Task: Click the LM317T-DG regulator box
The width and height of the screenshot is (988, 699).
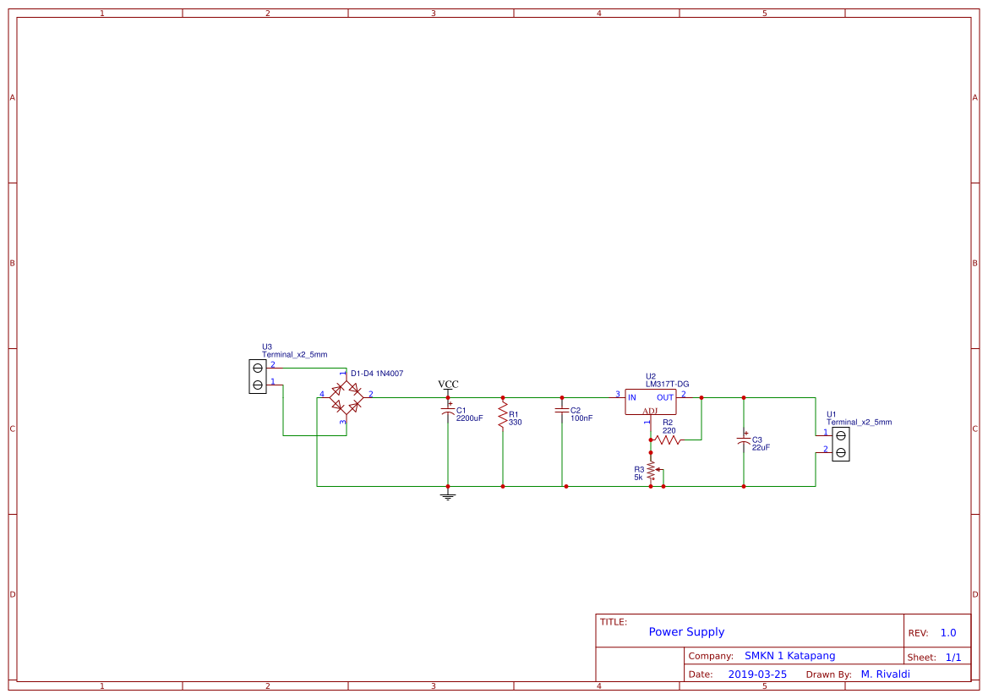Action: click(651, 401)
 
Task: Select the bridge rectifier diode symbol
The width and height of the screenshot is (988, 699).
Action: click(346, 396)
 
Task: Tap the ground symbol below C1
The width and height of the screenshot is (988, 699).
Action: click(448, 495)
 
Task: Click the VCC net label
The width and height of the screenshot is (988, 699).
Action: click(448, 385)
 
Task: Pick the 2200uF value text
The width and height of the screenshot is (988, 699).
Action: click(470, 418)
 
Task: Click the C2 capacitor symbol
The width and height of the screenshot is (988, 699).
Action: click(562, 411)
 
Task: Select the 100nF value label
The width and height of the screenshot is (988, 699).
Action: click(581, 418)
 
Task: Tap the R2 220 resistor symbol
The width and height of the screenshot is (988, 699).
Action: click(668, 440)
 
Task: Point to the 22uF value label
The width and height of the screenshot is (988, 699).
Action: click(761, 447)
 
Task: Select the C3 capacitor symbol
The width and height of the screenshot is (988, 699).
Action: click(744, 441)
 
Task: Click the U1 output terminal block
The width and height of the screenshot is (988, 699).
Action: click(840, 444)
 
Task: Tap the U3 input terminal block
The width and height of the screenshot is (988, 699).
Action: click(258, 376)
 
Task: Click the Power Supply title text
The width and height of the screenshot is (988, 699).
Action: click(686, 632)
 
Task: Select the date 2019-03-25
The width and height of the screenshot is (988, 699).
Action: click(757, 674)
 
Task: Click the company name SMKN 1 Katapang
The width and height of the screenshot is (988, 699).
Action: click(789, 656)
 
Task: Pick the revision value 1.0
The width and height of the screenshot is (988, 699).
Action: click(948, 633)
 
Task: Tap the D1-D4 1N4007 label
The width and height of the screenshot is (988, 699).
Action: click(377, 373)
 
